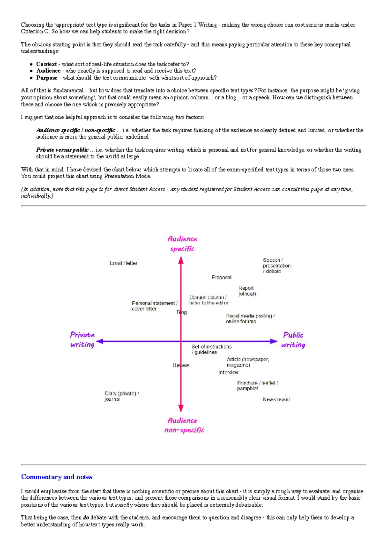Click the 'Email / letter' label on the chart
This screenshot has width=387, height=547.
click(x=124, y=263)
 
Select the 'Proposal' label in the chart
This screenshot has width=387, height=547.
click(x=222, y=278)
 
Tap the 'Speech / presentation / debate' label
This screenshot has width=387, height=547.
click(x=276, y=266)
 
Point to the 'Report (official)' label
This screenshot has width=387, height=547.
click(x=247, y=291)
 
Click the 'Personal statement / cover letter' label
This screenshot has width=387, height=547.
click(x=154, y=306)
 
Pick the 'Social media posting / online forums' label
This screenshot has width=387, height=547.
click(x=250, y=318)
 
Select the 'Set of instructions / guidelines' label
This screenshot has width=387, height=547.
click(x=212, y=349)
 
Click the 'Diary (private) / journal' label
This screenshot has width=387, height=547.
click(x=122, y=396)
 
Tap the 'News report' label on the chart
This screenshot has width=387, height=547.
click(x=276, y=399)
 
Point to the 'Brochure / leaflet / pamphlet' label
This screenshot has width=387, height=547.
click(x=257, y=386)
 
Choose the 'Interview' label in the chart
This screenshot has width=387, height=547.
click(x=228, y=372)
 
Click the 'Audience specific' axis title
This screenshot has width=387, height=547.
click(x=182, y=244)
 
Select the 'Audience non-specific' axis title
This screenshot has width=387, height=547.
click(x=184, y=425)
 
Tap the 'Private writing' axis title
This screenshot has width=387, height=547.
click(x=82, y=339)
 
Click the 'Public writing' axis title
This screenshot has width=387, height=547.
click(x=293, y=340)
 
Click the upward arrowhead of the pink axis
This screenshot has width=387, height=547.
click(x=181, y=260)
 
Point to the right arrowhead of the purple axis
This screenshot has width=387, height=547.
click(x=274, y=341)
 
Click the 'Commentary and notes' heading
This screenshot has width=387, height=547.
click(x=57, y=477)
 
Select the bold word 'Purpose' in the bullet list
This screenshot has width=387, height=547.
click(x=47, y=78)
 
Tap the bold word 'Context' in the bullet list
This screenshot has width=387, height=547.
click(x=46, y=64)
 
